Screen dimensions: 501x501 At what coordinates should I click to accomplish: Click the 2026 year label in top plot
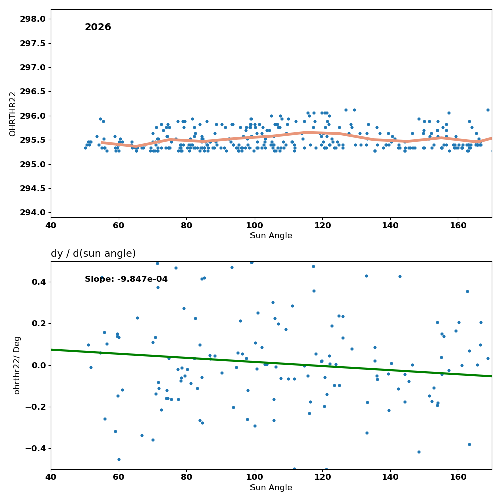98,27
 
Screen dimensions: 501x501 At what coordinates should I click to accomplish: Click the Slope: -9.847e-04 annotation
126,279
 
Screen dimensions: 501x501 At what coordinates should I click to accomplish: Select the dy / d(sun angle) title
93,254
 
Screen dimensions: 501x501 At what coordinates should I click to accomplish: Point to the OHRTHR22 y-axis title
12,114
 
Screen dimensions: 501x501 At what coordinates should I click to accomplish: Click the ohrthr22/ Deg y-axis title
17,365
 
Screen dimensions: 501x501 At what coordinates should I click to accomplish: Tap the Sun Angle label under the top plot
271,236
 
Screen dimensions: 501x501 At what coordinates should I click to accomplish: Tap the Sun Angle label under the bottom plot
271,488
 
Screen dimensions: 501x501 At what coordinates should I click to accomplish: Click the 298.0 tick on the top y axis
32,19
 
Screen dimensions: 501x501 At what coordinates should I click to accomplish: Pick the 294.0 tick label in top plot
32,213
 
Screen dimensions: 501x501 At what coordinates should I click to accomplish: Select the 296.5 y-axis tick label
32,92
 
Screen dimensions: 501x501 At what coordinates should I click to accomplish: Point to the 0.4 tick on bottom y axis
38,282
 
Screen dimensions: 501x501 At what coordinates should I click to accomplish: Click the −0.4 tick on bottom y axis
35,449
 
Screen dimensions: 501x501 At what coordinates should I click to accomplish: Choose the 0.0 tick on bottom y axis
38,365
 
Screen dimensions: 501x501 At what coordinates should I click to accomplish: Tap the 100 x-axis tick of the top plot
255,226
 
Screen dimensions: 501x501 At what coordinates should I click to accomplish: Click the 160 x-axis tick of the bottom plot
458,477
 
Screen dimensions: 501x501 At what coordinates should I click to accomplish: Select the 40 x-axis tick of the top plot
51,226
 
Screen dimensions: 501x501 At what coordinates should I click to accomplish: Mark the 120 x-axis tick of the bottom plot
322,477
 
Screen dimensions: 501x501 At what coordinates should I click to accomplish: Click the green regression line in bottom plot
271,363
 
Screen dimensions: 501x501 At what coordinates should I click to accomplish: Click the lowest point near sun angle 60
119,459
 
